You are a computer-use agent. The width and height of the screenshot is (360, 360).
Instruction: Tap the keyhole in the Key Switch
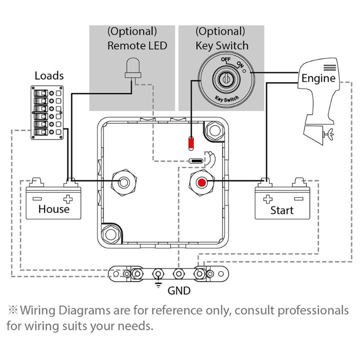[224, 79]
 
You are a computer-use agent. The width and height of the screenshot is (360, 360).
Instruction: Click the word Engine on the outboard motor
[319, 78]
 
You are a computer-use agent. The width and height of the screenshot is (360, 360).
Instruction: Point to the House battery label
[54, 209]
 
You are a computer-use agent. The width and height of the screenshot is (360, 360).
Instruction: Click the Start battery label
[282, 210]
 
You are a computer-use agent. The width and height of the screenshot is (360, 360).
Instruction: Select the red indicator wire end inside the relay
[191, 144]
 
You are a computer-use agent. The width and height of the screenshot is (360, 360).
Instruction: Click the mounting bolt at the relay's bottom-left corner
[109, 234]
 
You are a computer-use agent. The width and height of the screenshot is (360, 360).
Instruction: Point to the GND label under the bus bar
[179, 291]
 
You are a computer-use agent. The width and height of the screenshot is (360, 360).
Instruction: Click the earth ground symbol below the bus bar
[158, 285]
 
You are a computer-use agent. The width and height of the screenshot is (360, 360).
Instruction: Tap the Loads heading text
[49, 75]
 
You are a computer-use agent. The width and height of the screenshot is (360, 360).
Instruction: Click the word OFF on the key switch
[225, 59]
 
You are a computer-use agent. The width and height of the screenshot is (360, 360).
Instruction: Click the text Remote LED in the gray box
[137, 45]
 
